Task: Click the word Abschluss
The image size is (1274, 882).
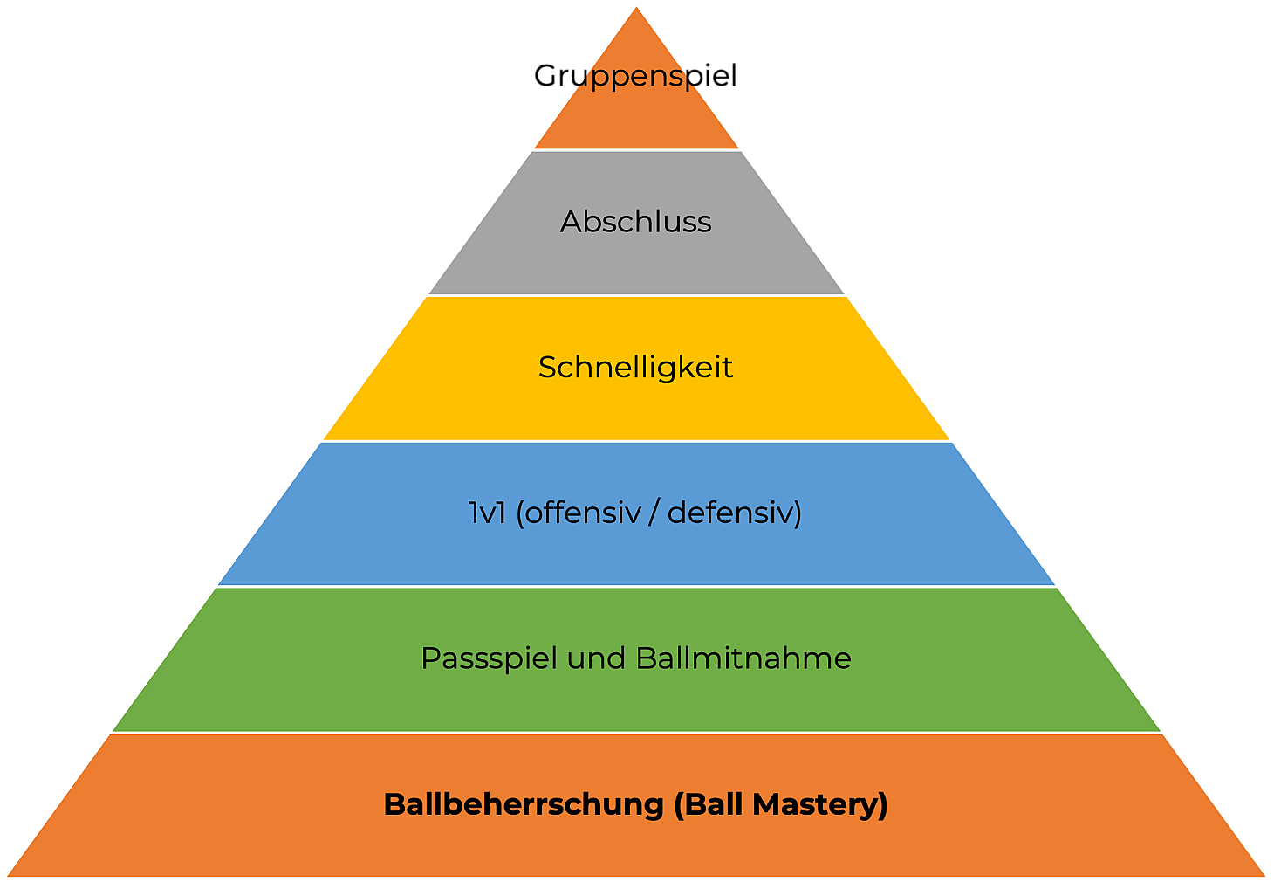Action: (635, 222)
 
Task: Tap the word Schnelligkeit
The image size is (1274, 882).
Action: (635, 368)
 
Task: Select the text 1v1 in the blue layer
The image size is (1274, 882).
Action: (487, 513)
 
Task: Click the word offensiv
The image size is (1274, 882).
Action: (582, 513)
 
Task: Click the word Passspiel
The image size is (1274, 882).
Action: (490, 658)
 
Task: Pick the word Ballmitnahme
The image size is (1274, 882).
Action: (743, 658)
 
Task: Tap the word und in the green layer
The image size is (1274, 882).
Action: (596, 658)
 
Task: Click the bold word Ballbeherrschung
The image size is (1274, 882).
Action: (524, 804)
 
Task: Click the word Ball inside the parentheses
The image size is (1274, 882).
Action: (715, 804)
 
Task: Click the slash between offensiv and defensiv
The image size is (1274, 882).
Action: (654, 513)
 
